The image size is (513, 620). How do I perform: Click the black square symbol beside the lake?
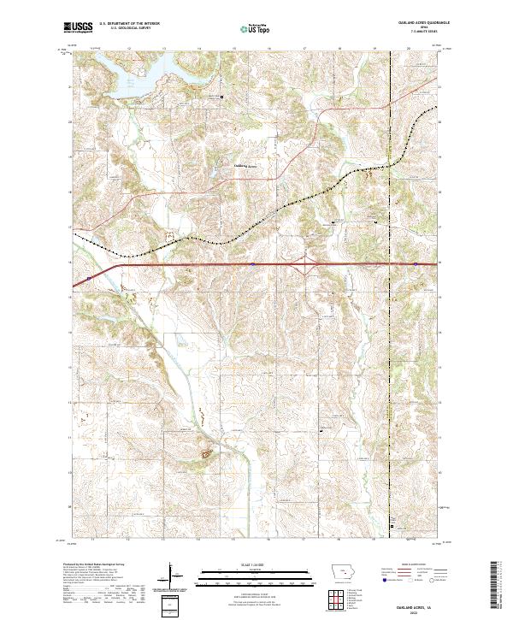pos(222,97)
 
